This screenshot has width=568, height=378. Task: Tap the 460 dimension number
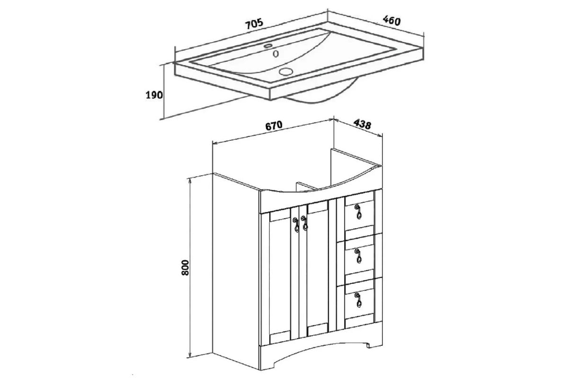click(392, 20)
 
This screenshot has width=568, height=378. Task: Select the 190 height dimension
click(154, 95)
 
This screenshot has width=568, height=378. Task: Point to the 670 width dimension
click(274, 126)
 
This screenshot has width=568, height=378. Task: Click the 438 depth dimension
click(363, 124)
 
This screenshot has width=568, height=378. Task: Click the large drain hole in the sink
click(285, 71)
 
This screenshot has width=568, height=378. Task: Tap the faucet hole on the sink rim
click(268, 46)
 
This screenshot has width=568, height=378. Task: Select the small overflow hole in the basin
click(276, 54)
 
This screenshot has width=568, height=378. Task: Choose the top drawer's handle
click(358, 212)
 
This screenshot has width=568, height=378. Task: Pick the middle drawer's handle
click(358, 256)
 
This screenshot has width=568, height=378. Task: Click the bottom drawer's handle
click(358, 300)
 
